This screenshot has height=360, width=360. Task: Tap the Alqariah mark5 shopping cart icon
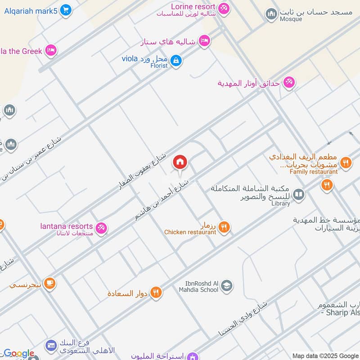(x=66, y=10)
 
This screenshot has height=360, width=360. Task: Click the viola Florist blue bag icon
(x=176, y=60)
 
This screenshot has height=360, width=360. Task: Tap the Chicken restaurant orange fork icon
(x=225, y=227)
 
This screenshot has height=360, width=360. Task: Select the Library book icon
(x=298, y=195)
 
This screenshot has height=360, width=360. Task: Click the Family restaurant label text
(x=313, y=172)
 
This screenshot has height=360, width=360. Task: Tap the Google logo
(x=18, y=354)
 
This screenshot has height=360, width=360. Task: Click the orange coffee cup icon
(x=49, y=283)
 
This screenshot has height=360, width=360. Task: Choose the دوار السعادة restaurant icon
(x=156, y=292)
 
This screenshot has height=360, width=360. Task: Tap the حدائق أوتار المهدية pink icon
(x=289, y=82)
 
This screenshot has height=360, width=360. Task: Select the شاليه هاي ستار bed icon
(x=204, y=41)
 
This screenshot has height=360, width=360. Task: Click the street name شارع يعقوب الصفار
(x=142, y=171)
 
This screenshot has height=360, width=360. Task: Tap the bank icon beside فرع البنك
(x=50, y=346)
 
